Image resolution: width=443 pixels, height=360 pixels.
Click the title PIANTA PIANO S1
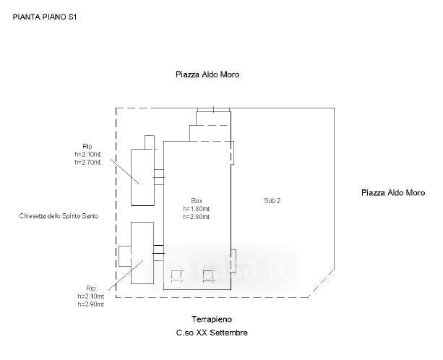click(45, 17)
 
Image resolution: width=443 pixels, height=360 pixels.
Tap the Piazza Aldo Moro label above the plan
click(207, 74)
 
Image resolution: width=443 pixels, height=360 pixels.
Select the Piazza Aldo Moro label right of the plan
click(393, 193)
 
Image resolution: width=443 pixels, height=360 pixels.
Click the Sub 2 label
click(272, 201)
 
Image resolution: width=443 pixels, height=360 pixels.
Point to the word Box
click(197, 201)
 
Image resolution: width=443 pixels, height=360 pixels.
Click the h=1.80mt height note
click(197, 209)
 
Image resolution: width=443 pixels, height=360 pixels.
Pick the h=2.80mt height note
click(197, 217)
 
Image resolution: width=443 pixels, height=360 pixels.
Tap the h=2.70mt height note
click(88, 162)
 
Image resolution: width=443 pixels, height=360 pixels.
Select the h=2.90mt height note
click(91, 304)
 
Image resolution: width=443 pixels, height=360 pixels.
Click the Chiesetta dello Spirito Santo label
click(59, 216)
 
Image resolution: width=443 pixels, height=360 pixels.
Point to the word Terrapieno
click(212, 320)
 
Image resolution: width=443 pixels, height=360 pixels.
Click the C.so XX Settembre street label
click(212, 333)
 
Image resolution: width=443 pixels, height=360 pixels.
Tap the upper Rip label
click(87, 146)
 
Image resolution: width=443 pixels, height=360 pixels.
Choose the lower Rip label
click(91, 288)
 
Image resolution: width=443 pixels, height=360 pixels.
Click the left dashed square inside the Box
click(177, 276)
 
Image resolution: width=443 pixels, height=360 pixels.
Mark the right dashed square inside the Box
click(209, 276)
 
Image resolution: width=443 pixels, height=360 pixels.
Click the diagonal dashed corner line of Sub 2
click(322, 283)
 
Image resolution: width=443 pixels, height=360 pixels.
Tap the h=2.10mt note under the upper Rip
click(88, 154)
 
